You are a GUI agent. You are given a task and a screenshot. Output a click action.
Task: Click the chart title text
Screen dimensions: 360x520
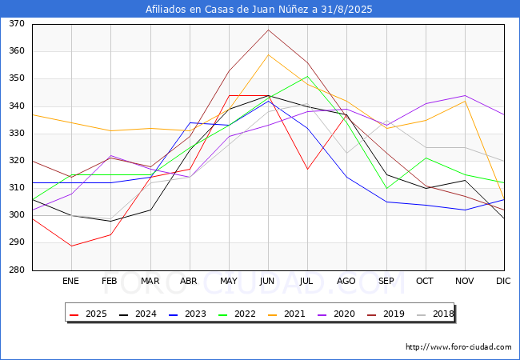click(x=259, y=10)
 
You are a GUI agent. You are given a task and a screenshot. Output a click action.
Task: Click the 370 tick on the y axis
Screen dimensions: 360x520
click(x=17, y=24)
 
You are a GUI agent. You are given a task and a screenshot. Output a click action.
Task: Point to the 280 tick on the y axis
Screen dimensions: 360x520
click(x=17, y=270)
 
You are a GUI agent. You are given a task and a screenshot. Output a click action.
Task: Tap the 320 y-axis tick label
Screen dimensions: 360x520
click(x=17, y=161)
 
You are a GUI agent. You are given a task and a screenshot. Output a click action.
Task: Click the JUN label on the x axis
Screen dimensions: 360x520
click(x=268, y=281)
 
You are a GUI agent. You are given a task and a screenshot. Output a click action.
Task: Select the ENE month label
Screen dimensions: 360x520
click(x=71, y=281)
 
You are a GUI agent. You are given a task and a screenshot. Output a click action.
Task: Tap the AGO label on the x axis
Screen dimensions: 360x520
click(x=346, y=281)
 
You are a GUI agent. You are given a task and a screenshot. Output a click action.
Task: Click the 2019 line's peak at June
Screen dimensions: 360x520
click(x=268, y=30)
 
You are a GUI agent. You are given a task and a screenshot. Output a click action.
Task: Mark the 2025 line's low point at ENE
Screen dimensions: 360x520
click(x=71, y=246)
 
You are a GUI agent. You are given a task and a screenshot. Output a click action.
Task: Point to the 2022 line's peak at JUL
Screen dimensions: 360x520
click(x=307, y=76)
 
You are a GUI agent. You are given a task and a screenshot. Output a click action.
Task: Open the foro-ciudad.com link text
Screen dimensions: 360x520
click(x=458, y=347)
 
